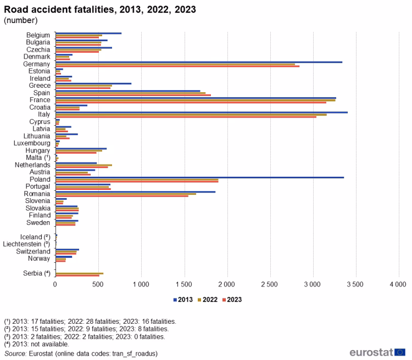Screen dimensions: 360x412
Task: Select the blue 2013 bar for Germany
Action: pos(198,62)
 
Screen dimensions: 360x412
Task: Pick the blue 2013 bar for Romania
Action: pos(135,192)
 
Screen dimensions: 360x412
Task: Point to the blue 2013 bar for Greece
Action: pos(93,83)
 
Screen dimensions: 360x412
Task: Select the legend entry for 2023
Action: pos(231,300)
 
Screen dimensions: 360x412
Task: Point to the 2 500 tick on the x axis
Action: pos(269,285)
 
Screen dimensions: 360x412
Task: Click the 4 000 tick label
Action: pos(398,285)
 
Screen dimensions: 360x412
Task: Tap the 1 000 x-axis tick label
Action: pos(141,285)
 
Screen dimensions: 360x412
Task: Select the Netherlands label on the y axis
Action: pos(32,165)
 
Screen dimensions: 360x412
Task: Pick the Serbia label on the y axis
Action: pos(36,273)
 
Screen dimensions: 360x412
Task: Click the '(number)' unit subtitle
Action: pos(20,20)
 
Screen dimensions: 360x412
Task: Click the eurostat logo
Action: pos(377,352)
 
